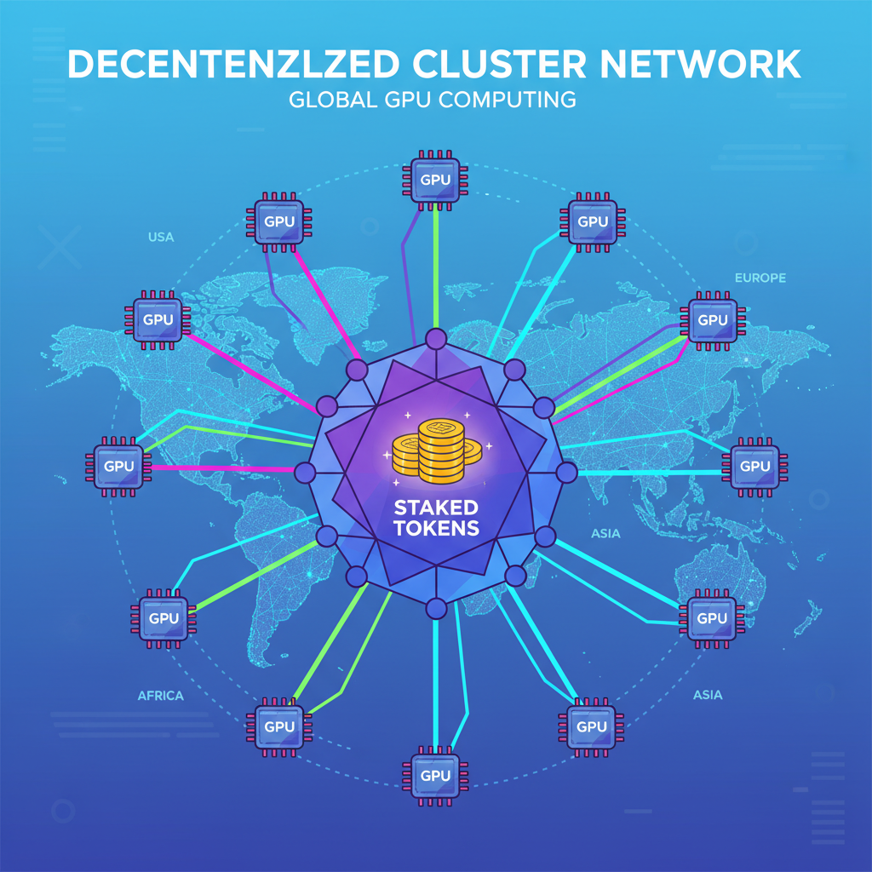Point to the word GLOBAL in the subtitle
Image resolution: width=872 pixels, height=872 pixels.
pyautogui.click(x=333, y=100)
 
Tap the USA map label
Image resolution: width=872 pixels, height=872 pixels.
pyautogui.click(x=160, y=237)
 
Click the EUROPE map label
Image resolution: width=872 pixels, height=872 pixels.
pyautogui.click(x=760, y=278)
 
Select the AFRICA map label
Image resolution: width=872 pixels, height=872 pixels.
pyautogui.click(x=160, y=696)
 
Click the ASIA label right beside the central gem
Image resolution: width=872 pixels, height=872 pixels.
pyautogui.click(x=605, y=534)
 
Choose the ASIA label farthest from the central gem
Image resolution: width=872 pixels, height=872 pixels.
pyautogui.click(x=708, y=695)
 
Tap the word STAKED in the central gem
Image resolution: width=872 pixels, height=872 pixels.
pyautogui.click(x=436, y=508)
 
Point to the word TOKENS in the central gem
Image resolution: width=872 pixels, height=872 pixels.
pyautogui.click(x=436, y=529)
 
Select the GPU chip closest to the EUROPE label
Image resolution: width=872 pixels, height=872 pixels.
pyautogui.click(x=712, y=320)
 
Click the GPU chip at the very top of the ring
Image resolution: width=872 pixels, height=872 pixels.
pyautogui.click(x=435, y=181)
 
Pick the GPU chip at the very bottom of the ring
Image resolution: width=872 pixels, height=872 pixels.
pyautogui.click(x=435, y=776)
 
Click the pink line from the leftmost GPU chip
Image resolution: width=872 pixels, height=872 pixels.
pyautogui.click(x=221, y=468)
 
